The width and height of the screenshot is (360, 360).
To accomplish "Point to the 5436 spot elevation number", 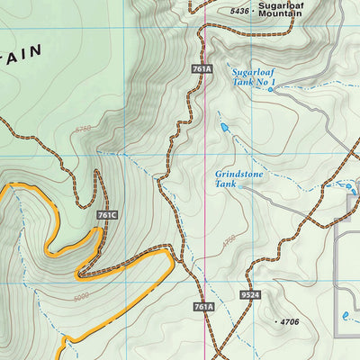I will (x=238, y=11).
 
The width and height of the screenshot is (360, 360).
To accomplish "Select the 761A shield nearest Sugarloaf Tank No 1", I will (x=202, y=68).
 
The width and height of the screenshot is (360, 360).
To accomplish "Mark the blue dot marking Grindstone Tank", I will (x=350, y=186).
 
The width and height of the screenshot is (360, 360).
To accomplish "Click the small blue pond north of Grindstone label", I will (x=224, y=129).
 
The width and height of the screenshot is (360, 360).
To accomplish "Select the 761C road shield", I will (x=106, y=215).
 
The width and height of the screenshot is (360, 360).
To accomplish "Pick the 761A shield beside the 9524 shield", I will (x=203, y=307).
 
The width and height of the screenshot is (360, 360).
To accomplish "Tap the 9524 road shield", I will (x=251, y=294).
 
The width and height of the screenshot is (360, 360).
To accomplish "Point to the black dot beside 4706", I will (x=274, y=321).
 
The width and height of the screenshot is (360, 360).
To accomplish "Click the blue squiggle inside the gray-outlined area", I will (x=346, y=315).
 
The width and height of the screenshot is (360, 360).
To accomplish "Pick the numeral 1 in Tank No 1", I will (x=273, y=82).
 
